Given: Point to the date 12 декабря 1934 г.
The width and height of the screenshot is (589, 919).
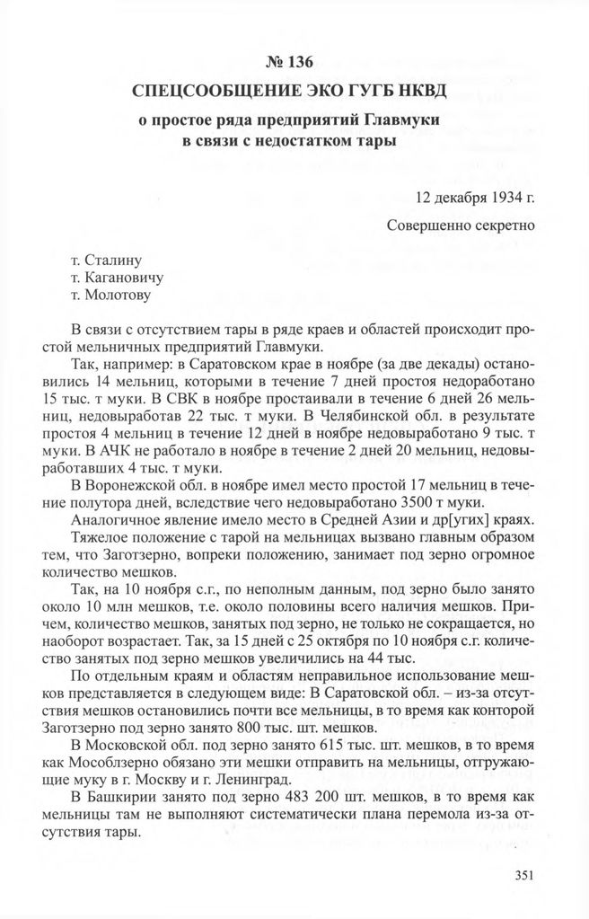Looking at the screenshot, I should click(x=476, y=194).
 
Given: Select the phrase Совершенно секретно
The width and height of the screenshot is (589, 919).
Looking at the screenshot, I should click(x=462, y=224).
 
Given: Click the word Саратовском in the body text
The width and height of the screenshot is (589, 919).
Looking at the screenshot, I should click(x=224, y=365).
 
